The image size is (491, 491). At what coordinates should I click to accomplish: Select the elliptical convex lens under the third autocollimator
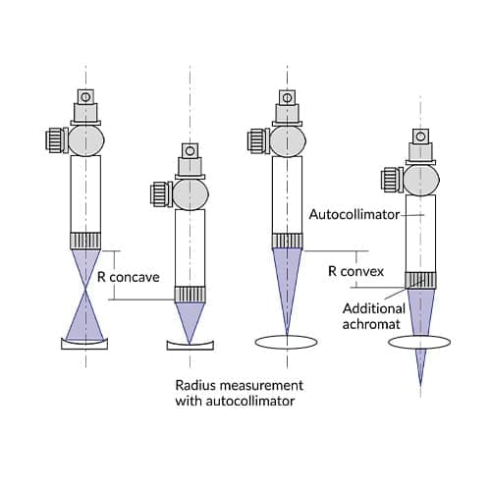tap(287, 341)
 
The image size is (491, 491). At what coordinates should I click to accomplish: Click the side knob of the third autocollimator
tap(258, 138)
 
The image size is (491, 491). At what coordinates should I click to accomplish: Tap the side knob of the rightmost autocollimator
tap(391, 179)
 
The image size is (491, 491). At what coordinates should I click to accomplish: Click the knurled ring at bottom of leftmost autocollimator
tap(84, 239)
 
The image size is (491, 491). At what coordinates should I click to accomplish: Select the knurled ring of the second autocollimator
tap(190, 293)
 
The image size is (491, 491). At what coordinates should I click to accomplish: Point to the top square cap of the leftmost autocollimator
tap(84, 96)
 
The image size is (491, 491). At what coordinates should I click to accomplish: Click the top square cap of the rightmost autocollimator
tap(419, 136)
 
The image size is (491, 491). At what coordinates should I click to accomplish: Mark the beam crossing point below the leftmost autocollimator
tap(84, 292)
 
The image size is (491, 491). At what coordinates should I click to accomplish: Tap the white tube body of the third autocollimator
tap(287, 192)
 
